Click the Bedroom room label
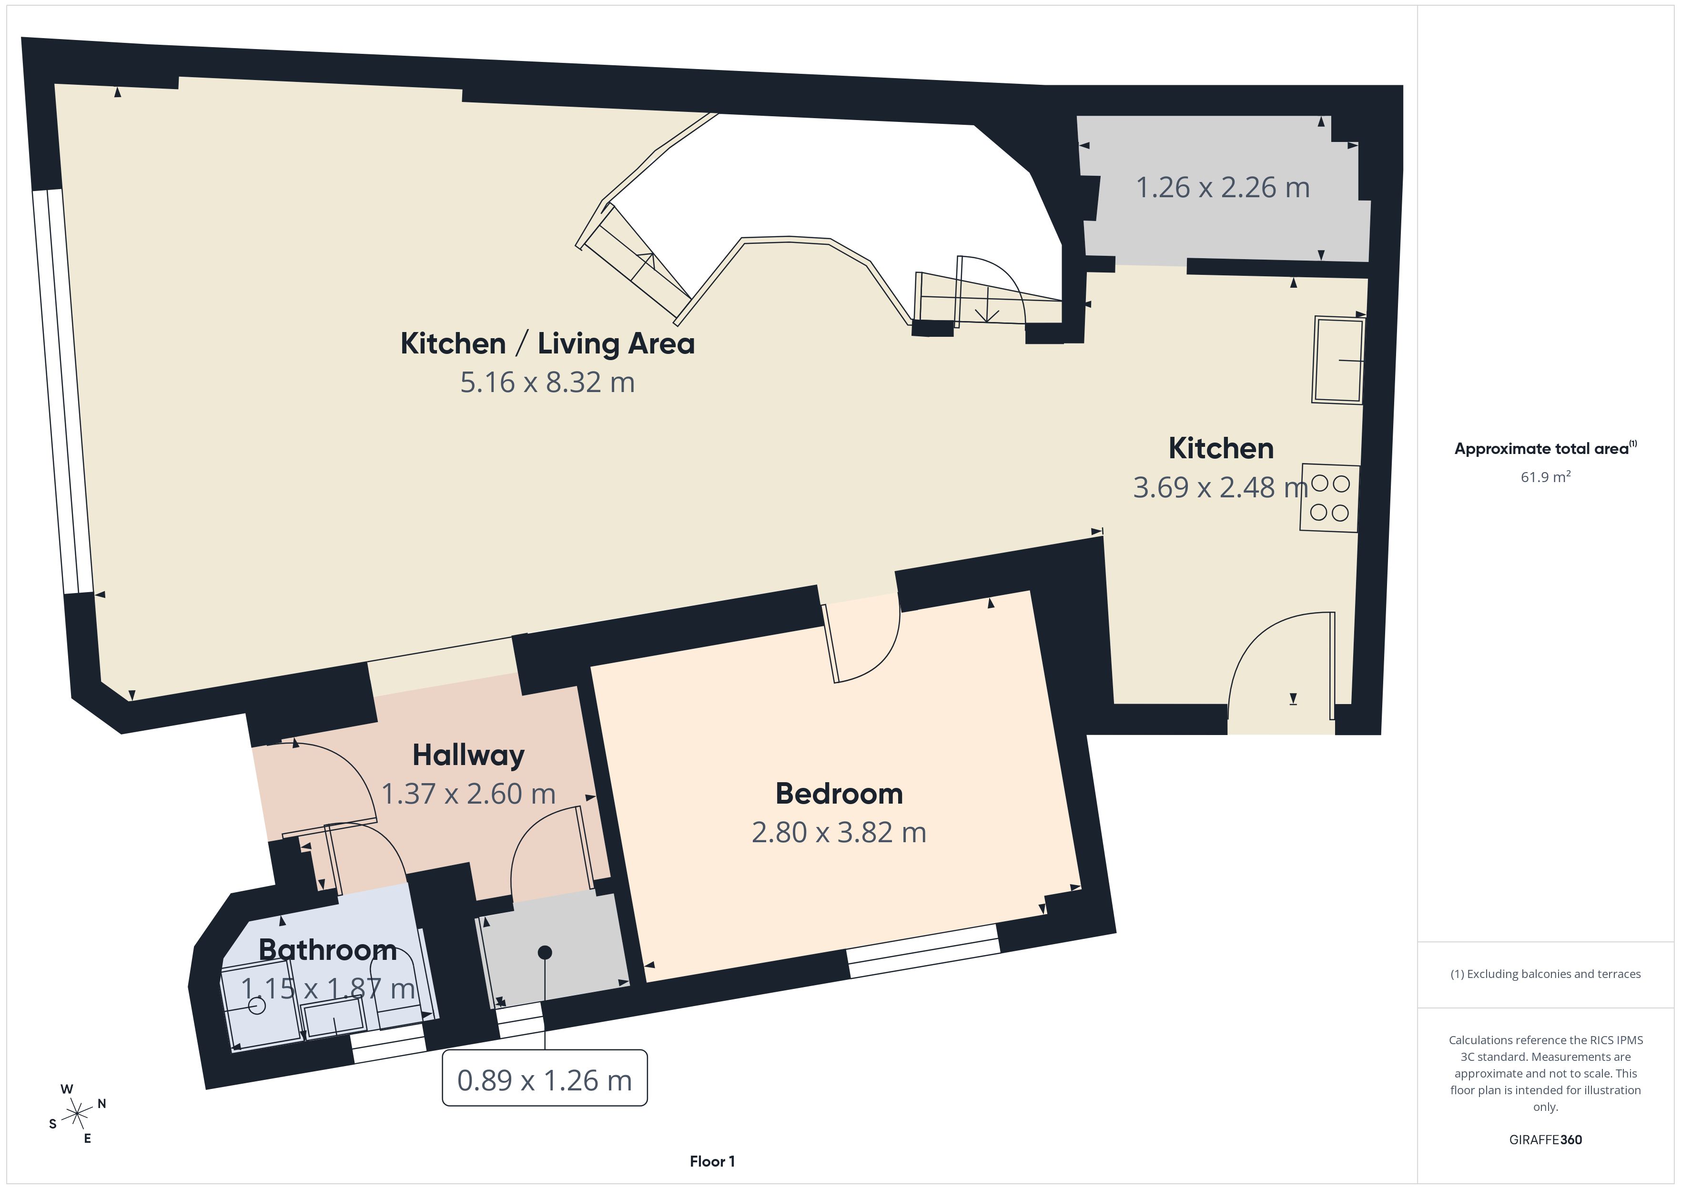coord(839,794)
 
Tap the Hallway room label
coord(468,756)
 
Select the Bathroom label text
coord(328,949)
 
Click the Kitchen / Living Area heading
coord(547,343)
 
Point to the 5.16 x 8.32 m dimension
coord(547,382)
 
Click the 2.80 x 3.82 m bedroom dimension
coord(839,833)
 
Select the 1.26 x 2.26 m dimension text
coord(1223,187)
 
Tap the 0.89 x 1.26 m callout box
coord(545,1078)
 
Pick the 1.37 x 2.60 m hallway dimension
coord(468,794)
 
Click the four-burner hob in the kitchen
coord(1329,498)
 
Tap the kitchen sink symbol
coord(1338,360)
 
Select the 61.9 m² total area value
coord(1546,477)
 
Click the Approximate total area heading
coord(1546,448)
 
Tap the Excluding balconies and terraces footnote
coord(1546,974)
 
